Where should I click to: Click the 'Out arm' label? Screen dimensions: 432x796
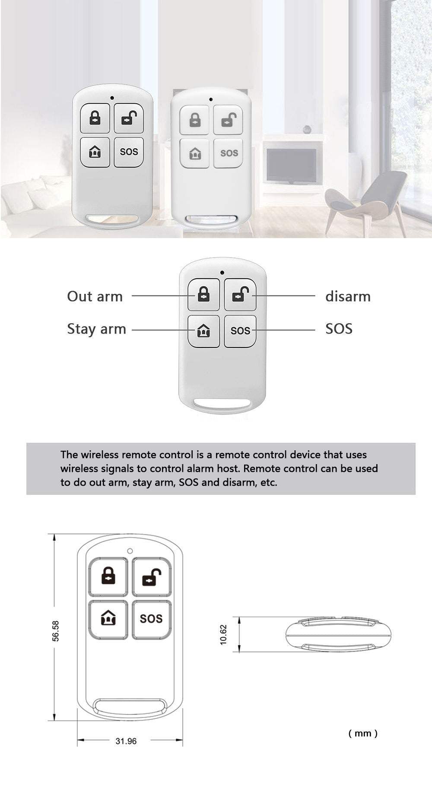coord(95,296)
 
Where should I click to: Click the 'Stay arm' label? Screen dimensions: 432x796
coord(96,329)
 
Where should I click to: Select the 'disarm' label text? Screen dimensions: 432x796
coord(348,296)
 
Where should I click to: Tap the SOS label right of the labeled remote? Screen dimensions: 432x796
coord(339,329)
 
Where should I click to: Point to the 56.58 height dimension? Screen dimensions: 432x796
coord(56,630)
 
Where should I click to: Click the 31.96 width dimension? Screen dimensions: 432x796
coord(126,741)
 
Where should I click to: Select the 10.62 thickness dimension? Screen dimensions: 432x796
coord(223,635)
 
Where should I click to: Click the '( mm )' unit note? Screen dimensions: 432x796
coord(363,733)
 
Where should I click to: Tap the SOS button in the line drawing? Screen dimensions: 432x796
coord(151,619)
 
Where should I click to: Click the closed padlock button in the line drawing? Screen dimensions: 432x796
coord(108,577)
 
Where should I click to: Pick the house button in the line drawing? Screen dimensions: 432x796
coord(108,619)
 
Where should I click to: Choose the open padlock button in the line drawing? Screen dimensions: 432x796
coord(151,577)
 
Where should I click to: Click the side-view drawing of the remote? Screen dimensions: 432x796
coord(338,635)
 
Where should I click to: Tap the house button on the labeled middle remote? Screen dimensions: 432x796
coord(203,331)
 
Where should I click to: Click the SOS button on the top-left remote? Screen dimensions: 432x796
coord(129,152)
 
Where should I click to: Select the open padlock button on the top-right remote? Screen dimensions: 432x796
coord(228,120)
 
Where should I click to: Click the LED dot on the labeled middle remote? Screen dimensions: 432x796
coord(222,273)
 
